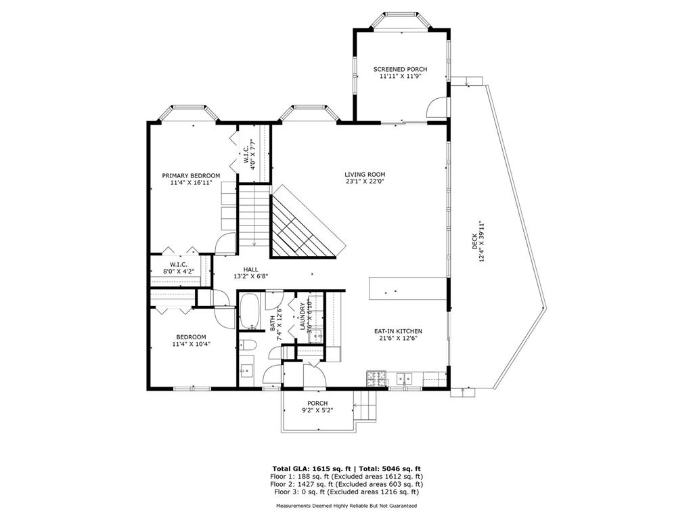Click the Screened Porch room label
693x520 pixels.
click(x=400, y=69)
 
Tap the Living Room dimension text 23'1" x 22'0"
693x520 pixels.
click(x=365, y=181)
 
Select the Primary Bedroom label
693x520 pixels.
click(x=191, y=175)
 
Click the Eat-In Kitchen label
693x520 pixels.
click(x=398, y=331)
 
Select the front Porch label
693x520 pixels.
click(x=317, y=403)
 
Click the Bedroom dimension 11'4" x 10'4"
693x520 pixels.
click(x=191, y=344)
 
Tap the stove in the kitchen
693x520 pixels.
click(x=376, y=378)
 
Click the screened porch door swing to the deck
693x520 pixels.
click(x=437, y=106)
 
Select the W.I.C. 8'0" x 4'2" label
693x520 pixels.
click(x=178, y=267)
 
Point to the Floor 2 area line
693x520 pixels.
click(x=346, y=484)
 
